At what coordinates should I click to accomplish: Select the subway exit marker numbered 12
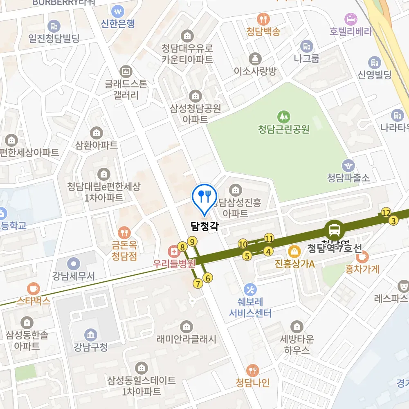[386, 212]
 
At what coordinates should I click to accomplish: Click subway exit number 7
[198, 283]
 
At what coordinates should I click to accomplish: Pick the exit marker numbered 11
[269, 238]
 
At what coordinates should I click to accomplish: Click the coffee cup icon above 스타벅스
[33, 288]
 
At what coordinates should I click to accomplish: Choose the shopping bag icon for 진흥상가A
[294, 251]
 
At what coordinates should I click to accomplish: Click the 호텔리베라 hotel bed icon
[351, 18]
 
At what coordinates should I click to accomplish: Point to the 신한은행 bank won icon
[118, 10]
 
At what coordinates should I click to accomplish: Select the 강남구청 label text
[91, 347]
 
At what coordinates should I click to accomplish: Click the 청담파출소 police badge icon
[348, 165]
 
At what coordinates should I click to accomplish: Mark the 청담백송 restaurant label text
[263, 31]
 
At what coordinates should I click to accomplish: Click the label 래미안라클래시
[187, 339]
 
